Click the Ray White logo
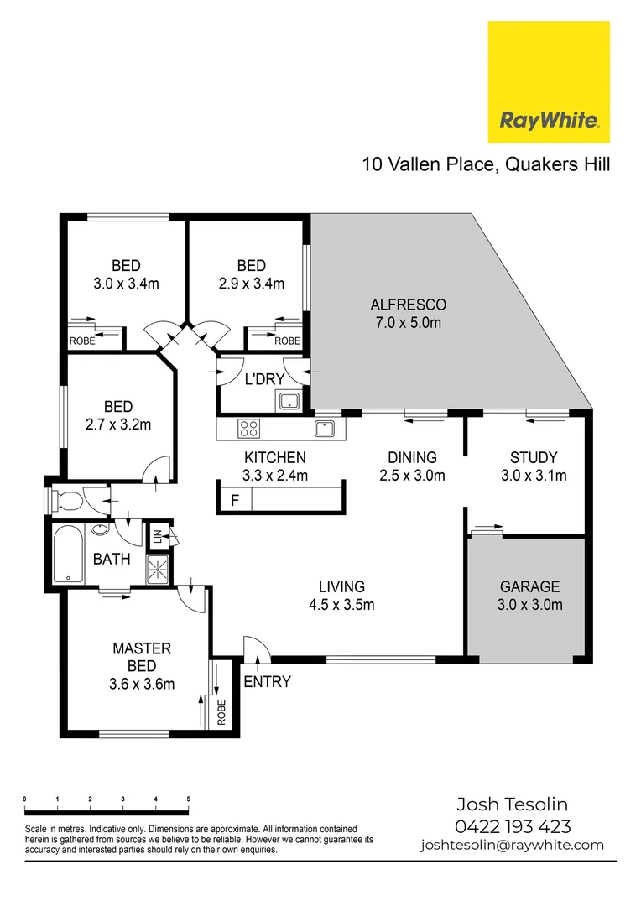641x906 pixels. pyautogui.click(x=549, y=82)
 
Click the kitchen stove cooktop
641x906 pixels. pyautogui.click(x=249, y=429)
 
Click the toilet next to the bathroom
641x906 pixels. pyautogui.click(x=69, y=502)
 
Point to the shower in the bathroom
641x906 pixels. pyautogui.click(x=158, y=570)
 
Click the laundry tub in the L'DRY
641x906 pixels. pyautogui.click(x=289, y=402)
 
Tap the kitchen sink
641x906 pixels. pyautogui.click(x=325, y=429)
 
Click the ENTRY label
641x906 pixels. pyautogui.click(x=267, y=681)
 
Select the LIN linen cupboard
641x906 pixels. pyautogui.click(x=156, y=535)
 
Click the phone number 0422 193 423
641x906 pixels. pyautogui.click(x=513, y=825)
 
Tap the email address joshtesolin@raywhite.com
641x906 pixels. pyautogui.click(x=513, y=845)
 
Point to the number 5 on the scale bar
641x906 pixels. pyautogui.click(x=188, y=799)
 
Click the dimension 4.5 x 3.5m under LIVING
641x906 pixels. pyautogui.click(x=341, y=604)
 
